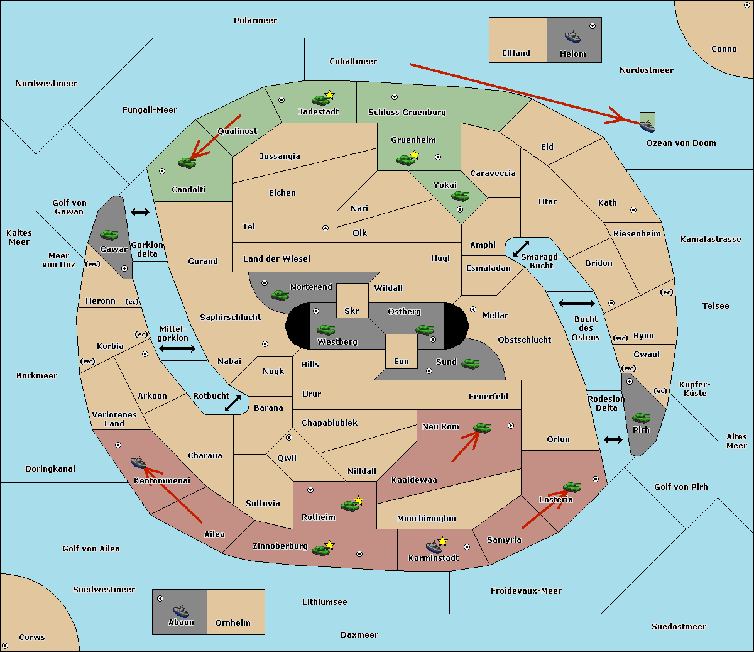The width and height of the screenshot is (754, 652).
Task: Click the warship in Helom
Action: tap(572, 36)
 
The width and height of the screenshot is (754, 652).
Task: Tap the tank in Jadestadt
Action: tap(320, 100)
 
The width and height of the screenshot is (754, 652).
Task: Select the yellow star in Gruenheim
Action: tap(414, 155)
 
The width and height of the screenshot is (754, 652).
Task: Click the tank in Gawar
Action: tap(109, 235)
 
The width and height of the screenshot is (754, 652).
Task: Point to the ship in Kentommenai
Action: tap(138, 462)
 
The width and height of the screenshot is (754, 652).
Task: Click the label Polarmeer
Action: tap(255, 21)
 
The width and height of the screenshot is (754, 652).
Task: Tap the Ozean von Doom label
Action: tap(680, 143)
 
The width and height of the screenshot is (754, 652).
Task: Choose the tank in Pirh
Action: tap(641, 417)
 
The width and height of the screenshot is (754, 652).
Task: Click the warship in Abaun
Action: tap(181, 611)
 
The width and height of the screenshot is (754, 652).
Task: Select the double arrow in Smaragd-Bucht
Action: tap(521, 248)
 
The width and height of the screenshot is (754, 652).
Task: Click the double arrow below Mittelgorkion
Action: tap(177, 348)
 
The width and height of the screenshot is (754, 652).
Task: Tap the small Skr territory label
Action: tap(351, 311)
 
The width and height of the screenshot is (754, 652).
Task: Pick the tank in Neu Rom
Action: tap(482, 428)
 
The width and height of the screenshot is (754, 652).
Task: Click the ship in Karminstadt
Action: tap(434, 547)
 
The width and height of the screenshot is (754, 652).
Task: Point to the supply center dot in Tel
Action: tap(325, 228)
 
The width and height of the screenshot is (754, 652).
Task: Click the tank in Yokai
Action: tap(460, 196)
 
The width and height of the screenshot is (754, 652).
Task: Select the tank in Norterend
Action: tap(280, 295)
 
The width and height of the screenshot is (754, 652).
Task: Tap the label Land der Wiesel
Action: tap(276, 259)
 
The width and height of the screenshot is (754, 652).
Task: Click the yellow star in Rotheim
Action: tap(358, 500)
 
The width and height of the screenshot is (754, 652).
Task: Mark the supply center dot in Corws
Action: tap(5, 646)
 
